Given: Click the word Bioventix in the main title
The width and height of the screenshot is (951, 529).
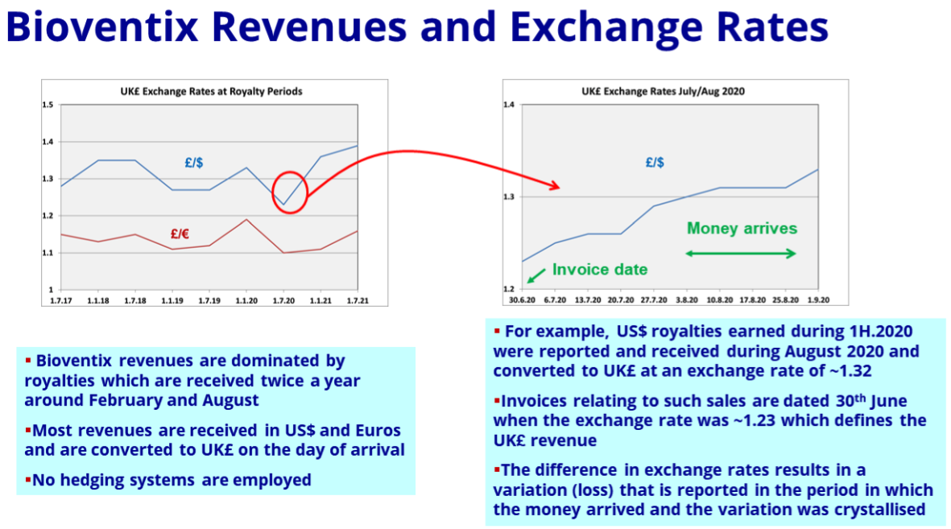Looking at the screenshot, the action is pos(102,27).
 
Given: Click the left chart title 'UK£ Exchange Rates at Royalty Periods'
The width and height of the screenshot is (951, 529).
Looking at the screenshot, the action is pos(211,92).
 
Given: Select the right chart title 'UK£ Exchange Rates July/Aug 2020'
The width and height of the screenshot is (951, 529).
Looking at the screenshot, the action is pos(663,92).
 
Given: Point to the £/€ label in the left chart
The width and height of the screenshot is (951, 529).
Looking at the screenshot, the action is pos(180,234).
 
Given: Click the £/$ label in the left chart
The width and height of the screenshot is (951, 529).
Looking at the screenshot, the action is pos(194,163).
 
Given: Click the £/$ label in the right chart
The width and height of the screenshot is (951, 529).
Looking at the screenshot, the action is pos(655,163).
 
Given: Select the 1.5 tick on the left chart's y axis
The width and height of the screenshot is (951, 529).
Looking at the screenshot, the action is pos(48,105).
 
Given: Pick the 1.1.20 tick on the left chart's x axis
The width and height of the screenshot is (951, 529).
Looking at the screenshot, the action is pos(246,301).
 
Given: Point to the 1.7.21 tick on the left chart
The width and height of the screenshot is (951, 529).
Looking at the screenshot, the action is pos(358,301).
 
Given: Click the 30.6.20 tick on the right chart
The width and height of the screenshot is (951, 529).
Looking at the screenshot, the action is pos(522,300).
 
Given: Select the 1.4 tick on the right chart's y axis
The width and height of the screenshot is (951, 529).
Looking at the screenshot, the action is pos(508,105).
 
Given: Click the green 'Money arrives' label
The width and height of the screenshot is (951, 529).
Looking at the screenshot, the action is pos(742,229).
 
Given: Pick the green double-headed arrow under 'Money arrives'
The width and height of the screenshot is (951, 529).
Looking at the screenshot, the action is pos(741,254).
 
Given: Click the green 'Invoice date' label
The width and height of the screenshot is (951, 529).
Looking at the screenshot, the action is pos(600,270).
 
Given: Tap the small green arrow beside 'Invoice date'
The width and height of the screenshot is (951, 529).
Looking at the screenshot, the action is pos(536,275).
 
